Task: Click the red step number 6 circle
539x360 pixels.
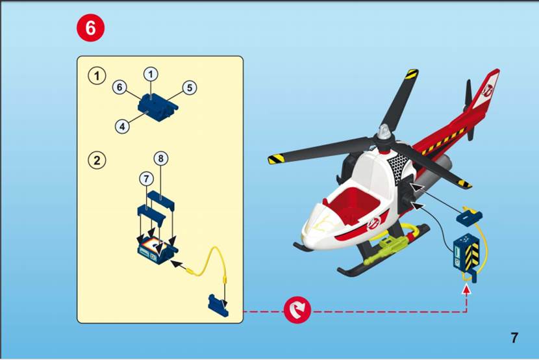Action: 90,27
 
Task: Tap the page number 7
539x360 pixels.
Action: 514,338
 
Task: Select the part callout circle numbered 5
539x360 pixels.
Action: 190,88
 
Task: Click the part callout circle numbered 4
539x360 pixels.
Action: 122,126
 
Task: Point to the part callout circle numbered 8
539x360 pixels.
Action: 160,159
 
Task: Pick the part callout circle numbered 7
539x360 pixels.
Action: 147,179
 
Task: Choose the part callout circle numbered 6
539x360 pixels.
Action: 119,87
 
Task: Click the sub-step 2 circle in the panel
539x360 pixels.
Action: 97,161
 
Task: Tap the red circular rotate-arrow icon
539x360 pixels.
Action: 297,310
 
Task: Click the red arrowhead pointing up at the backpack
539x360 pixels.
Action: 466,290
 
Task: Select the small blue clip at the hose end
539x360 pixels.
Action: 218,305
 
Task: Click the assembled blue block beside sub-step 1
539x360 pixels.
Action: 158,107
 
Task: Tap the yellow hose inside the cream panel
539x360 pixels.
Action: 210,261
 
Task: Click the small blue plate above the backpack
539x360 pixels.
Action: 470,217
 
